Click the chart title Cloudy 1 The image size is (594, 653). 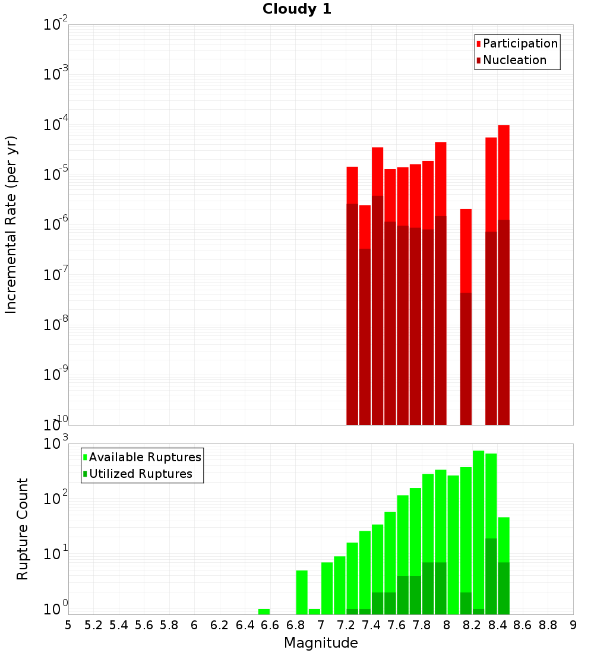297,9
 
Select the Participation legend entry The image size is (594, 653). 517,43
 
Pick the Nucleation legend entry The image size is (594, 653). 511,60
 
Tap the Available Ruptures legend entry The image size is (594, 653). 142,457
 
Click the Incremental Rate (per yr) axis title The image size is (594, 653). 11,225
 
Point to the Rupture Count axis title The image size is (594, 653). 22,530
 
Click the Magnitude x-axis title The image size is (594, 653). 321,642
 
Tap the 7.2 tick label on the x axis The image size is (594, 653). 346,625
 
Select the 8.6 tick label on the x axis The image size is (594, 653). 523,625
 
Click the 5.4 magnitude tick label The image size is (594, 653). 119,625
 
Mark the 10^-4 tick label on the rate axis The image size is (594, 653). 55,123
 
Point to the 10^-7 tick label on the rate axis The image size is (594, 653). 55,274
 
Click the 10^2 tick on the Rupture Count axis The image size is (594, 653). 55,497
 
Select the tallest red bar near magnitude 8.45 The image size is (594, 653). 504,275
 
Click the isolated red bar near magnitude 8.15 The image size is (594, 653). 466,316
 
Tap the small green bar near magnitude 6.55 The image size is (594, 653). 264,612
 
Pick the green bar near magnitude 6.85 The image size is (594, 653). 302,592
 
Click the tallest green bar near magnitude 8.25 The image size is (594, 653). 478,532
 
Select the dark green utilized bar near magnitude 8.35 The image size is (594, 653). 491,576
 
